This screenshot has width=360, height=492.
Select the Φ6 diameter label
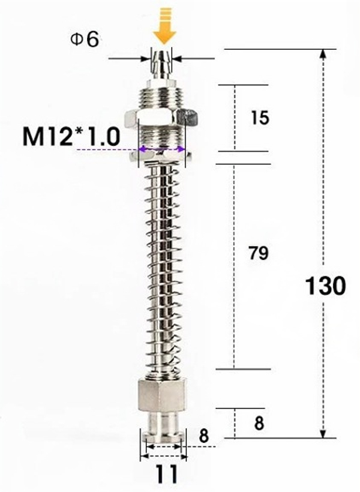coord(85,40)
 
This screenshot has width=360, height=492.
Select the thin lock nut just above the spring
coord(161,157)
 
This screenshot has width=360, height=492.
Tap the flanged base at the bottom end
coord(163,433)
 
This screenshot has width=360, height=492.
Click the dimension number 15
coord(260,118)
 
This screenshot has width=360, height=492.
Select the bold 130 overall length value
coord(326,286)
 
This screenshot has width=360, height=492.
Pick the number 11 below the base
coord(166,476)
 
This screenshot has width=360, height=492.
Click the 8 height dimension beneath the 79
coord(259,424)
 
